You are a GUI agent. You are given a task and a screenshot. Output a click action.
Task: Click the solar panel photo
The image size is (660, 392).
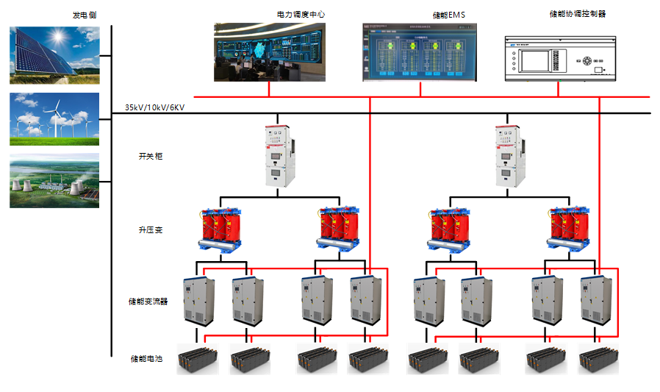54,55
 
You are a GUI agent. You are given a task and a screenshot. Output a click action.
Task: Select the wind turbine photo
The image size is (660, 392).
54,118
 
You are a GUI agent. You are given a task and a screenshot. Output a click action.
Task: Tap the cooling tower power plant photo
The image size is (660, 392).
54,180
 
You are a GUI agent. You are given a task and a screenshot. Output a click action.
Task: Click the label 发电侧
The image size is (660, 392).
85,15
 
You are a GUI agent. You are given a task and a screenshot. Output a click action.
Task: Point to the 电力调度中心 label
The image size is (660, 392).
300,14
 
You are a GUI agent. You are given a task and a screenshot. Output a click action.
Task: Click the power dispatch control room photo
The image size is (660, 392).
269,51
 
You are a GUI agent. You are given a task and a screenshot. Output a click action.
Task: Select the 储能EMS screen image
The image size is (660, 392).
419,52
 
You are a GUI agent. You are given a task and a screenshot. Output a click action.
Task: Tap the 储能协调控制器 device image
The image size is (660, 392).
559,59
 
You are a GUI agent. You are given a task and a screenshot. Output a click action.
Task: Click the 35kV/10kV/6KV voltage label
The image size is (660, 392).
154,108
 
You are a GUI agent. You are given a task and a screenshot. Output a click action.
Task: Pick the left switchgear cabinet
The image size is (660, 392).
278,155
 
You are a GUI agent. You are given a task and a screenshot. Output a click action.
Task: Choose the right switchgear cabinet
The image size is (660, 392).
509,155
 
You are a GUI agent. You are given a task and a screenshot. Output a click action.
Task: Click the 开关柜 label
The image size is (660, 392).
149,157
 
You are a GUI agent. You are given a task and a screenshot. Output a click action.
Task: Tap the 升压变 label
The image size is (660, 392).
150,230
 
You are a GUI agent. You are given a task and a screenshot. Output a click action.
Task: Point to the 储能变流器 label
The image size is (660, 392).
148,302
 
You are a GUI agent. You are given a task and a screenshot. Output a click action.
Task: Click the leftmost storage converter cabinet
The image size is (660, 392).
198,300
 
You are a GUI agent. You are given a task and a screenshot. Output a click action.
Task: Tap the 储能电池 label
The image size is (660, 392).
146,359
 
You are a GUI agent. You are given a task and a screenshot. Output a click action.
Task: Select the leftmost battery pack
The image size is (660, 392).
197,360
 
